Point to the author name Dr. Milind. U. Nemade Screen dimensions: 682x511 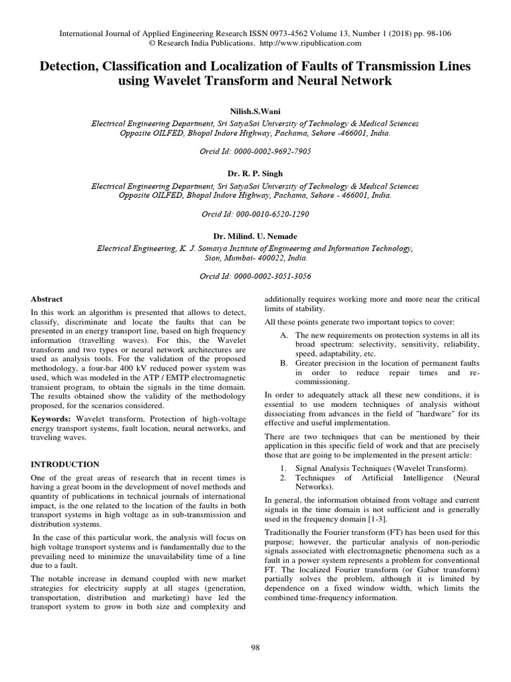[x=255, y=236]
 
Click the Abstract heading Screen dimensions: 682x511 [x=47, y=300]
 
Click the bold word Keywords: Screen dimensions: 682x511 [x=52, y=418]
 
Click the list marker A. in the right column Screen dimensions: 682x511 [x=283, y=334]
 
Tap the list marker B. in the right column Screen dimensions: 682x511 [x=283, y=363]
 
